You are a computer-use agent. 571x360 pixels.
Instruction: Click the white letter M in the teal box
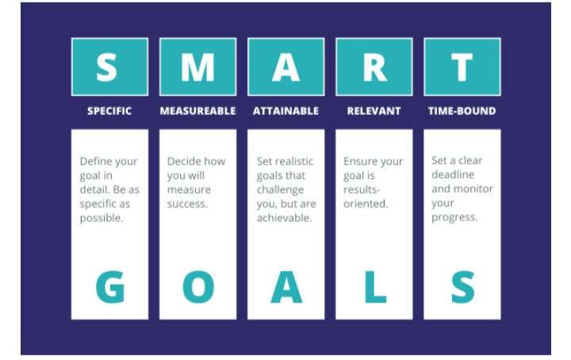point(197,67)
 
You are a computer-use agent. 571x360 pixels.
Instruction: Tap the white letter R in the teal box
point(374,67)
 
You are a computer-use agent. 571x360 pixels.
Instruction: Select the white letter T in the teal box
point(462,67)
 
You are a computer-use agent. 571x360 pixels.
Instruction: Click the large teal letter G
point(110,287)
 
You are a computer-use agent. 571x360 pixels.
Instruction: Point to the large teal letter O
point(198,287)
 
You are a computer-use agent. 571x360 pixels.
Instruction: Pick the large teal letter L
point(375,287)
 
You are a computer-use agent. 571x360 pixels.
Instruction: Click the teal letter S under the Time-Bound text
point(463,287)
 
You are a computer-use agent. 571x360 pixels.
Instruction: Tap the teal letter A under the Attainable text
point(286,287)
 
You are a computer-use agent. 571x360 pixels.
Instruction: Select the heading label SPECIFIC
point(109,111)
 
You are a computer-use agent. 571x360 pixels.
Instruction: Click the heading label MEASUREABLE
point(197,111)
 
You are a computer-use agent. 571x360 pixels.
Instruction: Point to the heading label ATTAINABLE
point(285,111)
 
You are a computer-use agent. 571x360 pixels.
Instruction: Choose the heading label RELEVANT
point(374,111)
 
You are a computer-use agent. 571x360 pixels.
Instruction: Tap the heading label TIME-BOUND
point(462,111)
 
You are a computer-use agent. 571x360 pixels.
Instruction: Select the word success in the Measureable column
point(187,204)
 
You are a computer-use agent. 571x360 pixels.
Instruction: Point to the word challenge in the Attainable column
point(280,190)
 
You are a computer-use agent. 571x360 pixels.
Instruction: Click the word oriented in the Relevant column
point(366,204)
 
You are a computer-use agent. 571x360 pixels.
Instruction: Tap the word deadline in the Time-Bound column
point(453,174)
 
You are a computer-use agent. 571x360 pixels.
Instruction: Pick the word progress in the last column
point(454,217)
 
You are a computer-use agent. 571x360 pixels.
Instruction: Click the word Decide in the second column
point(183,161)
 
